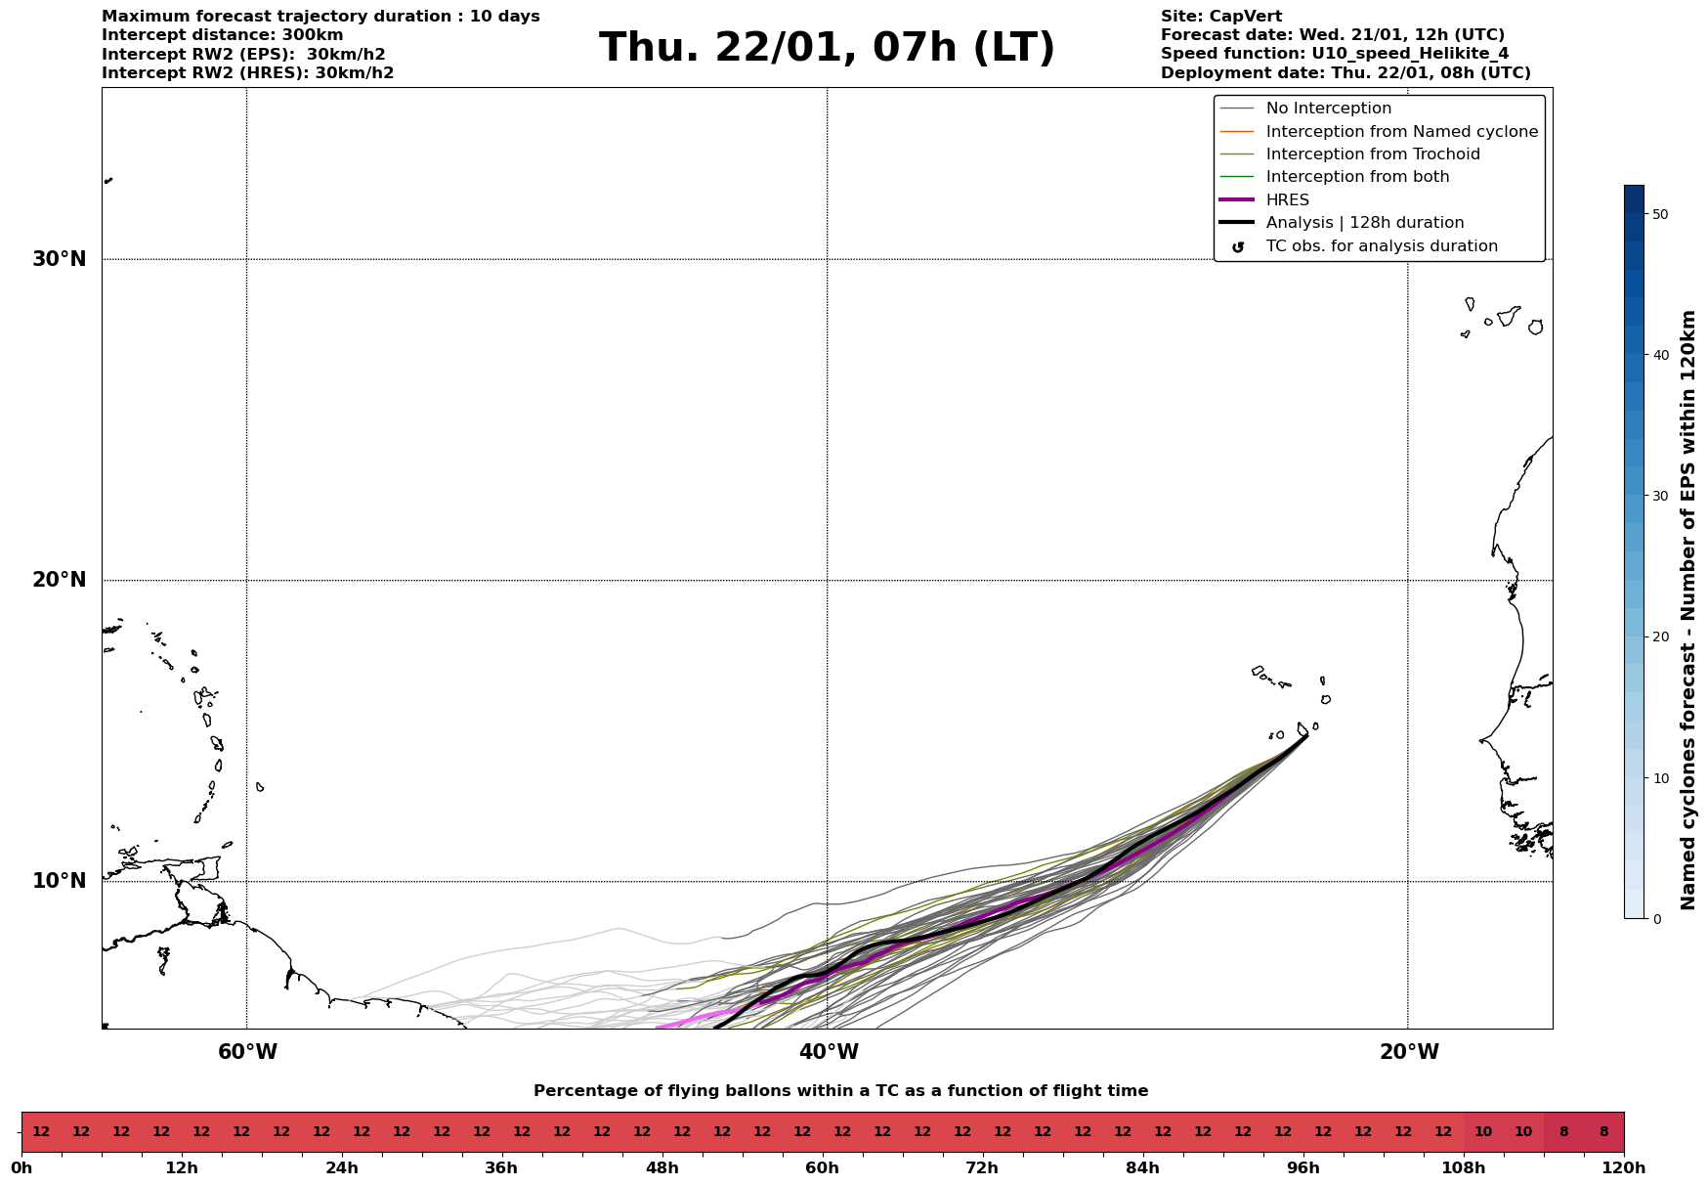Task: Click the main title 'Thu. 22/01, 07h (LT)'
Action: [x=827, y=48]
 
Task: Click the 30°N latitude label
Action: [x=59, y=259]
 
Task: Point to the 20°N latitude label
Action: [x=59, y=580]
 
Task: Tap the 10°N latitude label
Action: [x=59, y=881]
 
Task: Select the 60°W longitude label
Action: [x=247, y=1052]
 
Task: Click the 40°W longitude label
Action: [x=829, y=1052]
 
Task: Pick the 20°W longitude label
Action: [x=1409, y=1052]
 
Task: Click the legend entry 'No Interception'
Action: [x=1328, y=109]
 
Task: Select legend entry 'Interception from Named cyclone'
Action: [x=1401, y=132]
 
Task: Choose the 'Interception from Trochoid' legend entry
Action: [x=1372, y=154]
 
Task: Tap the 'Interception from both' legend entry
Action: [x=1357, y=177]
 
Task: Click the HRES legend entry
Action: [x=1287, y=200]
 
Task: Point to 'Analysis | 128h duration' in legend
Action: [x=1364, y=223]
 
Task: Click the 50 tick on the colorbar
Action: [x=1659, y=214]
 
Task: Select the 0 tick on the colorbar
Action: [x=1655, y=919]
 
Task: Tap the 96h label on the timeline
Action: [x=1302, y=1168]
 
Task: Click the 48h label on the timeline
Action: [x=662, y=1168]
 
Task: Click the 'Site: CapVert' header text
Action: [x=1220, y=17]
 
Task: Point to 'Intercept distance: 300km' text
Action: [x=222, y=35]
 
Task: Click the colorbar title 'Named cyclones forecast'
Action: [x=1687, y=610]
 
